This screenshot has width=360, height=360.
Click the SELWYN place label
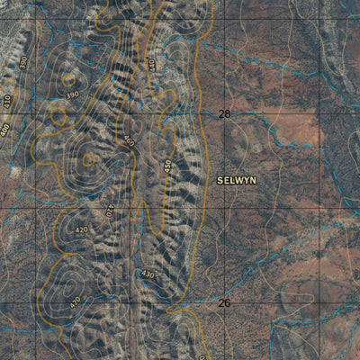point(237,180)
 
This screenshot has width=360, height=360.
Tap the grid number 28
point(224,114)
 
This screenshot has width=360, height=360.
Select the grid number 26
point(224,303)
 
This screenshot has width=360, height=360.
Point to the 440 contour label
point(151,65)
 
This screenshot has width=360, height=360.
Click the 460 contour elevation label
point(129,141)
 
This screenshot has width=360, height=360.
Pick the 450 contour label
point(167,167)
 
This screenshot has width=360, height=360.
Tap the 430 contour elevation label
point(148,274)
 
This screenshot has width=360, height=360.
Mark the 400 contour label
point(5,130)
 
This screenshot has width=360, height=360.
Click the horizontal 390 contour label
point(72,94)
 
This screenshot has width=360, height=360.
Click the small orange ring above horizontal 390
point(70,78)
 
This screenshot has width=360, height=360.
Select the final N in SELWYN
point(253,180)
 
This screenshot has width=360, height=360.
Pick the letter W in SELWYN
point(238,180)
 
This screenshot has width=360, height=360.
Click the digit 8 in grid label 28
point(228,114)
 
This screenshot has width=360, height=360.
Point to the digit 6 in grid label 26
point(228,303)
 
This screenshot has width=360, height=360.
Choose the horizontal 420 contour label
point(82,229)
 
